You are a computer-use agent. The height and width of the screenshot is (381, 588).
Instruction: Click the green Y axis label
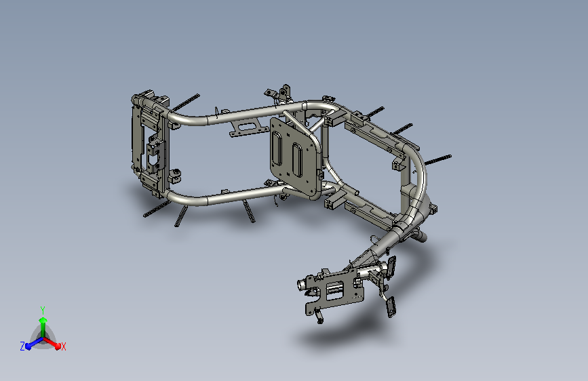[43, 310]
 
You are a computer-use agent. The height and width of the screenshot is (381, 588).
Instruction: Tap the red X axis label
[63, 346]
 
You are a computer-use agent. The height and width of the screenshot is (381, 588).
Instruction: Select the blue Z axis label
[22, 346]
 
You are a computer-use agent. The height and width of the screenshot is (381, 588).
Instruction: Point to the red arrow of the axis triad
[52, 343]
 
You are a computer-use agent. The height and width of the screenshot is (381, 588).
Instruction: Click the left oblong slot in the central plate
[278, 148]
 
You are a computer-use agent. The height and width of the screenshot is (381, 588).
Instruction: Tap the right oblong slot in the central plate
[297, 160]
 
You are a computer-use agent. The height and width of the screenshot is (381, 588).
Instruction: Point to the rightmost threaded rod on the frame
[438, 159]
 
